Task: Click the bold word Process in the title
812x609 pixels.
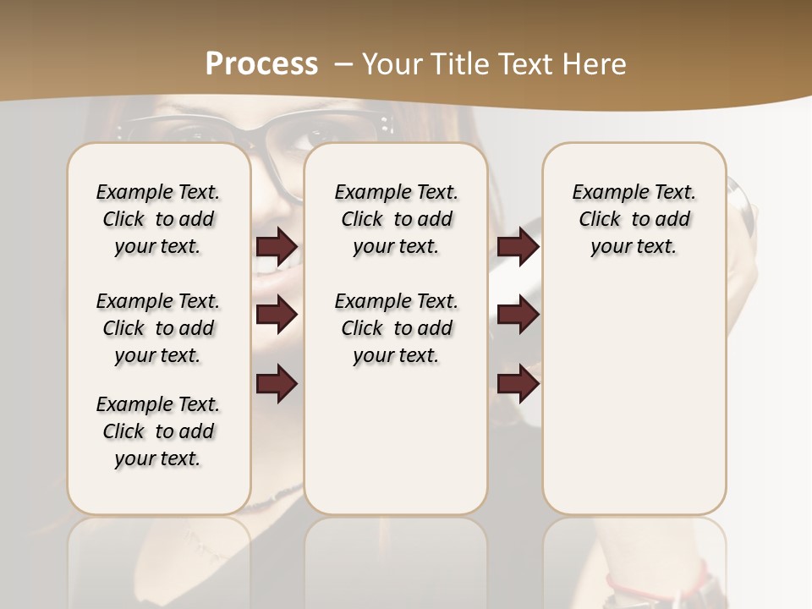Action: [261, 63]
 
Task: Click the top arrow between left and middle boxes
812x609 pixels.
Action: [277, 246]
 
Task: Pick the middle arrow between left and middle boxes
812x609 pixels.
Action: [277, 315]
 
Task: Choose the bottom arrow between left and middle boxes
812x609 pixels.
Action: [277, 384]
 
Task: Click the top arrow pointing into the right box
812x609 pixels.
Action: [518, 246]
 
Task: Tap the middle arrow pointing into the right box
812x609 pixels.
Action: [518, 315]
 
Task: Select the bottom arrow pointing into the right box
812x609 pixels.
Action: [518, 384]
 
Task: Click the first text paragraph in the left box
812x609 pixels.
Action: [158, 219]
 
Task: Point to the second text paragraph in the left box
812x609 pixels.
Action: [158, 328]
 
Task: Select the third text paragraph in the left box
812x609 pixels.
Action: [158, 431]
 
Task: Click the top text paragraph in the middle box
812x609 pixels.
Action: [396, 219]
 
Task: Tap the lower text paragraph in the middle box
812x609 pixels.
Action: [396, 328]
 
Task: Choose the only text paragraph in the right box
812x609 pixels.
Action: [634, 219]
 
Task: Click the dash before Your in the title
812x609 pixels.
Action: [343, 63]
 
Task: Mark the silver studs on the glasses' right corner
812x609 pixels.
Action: [387, 126]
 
